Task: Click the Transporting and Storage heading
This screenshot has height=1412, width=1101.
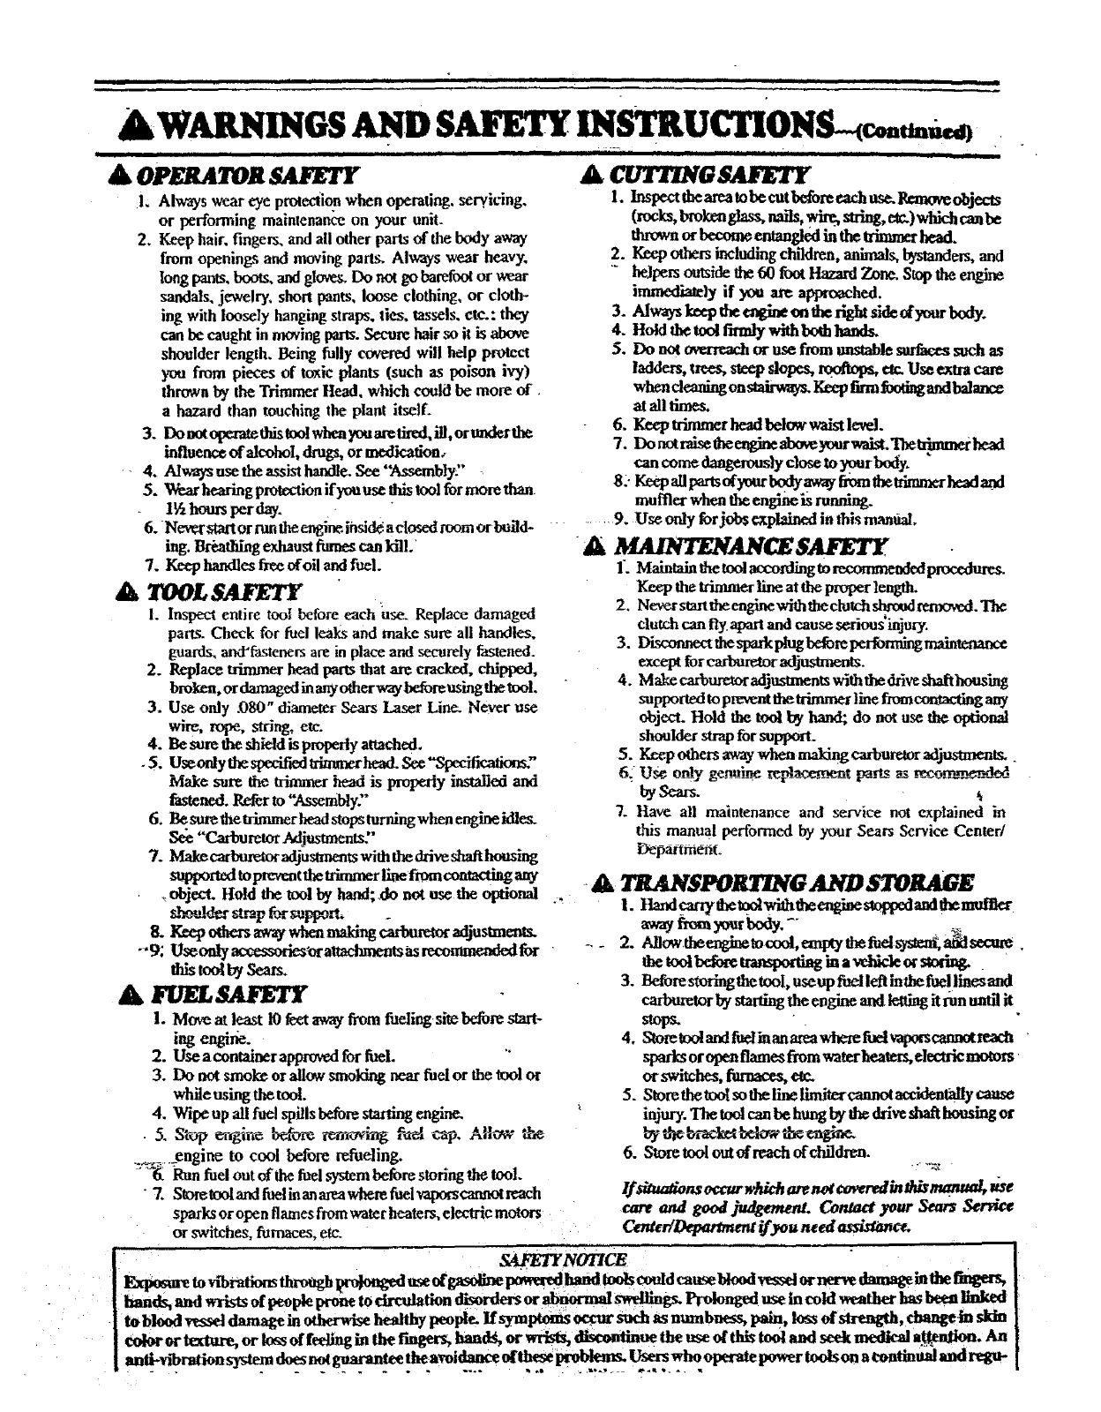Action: (797, 882)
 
